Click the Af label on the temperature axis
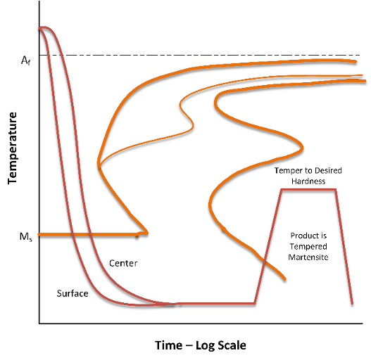click(25, 60)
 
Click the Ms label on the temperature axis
click(26, 237)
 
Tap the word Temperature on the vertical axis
click(12, 148)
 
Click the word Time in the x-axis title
click(168, 345)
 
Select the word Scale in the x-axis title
click(232, 345)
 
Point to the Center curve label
click(123, 263)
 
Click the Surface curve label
click(73, 293)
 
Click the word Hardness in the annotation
click(308, 181)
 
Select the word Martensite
click(308, 257)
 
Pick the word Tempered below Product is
click(308, 246)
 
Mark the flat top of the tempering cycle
click(308, 189)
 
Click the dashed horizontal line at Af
click(199, 55)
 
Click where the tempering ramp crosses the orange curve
click(264, 261)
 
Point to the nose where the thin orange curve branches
click(99, 166)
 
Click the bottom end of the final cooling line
click(352, 303)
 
